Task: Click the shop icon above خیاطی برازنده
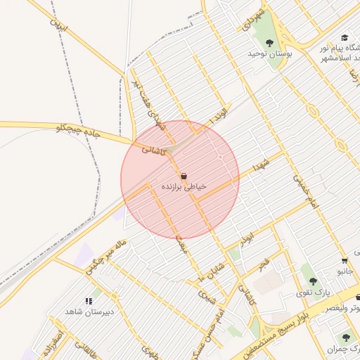coord(184,176)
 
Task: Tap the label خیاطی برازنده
coord(184,187)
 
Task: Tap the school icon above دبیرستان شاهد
coord(89,301)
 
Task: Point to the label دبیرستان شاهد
coord(90,311)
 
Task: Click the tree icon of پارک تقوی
coord(313,281)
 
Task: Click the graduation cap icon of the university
coord(345,38)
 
